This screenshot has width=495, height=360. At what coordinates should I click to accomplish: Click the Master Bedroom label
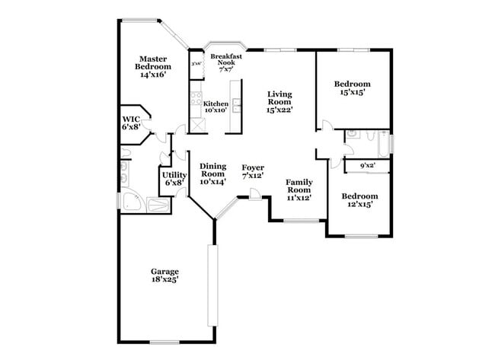point(152,66)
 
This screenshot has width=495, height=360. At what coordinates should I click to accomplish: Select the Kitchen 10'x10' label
point(216,107)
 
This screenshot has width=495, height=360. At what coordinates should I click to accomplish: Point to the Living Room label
point(279,102)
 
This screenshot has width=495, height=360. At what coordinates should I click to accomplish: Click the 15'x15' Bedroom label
point(353,88)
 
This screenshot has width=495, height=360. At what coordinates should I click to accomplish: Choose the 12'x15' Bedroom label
point(356,199)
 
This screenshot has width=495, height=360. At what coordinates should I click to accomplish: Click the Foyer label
point(253,171)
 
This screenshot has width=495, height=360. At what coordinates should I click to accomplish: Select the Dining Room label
point(213,174)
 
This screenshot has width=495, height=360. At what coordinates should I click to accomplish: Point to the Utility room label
point(174,178)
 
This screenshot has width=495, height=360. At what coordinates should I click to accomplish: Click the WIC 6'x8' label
point(131,123)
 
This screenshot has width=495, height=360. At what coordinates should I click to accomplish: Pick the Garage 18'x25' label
point(164,276)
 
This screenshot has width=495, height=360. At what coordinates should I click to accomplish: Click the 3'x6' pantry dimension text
point(196,64)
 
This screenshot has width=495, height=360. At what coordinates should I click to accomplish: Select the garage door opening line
point(212,285)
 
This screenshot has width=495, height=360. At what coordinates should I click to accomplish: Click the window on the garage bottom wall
point(164,342)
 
